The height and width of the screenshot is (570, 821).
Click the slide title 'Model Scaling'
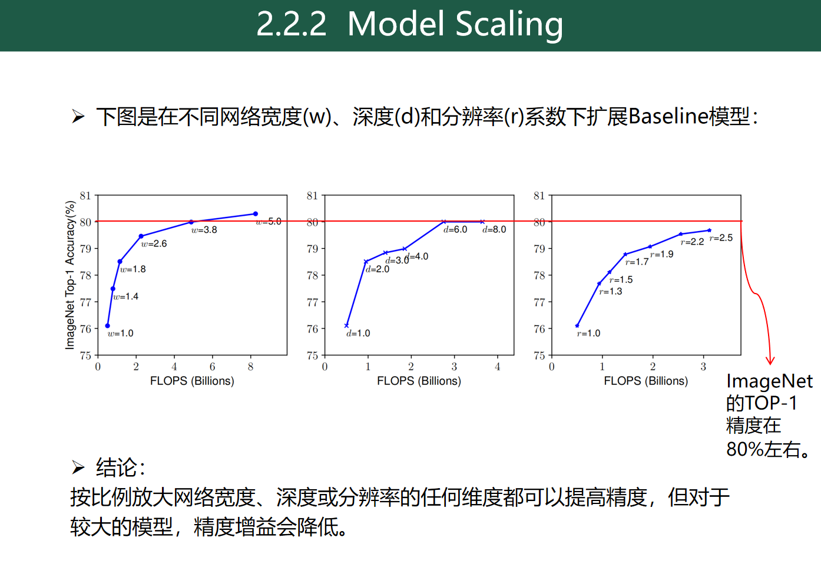(455, 24)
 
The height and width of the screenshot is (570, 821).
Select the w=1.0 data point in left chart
(107, 325)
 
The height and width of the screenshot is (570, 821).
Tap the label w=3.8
(204, 230)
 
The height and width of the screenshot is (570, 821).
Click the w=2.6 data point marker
(141, 236)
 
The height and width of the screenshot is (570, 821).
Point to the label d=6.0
(455, 229)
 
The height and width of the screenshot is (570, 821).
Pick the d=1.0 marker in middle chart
(346, 325)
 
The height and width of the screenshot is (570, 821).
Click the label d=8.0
(494, 229)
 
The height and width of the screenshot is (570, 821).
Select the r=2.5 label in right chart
(721, 238)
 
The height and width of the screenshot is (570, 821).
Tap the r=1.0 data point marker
(577, 325)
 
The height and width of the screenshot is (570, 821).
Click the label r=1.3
(611, 291)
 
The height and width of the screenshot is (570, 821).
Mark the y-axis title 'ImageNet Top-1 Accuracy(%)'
(70, 275)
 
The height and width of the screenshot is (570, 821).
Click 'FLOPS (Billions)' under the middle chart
(419, 381)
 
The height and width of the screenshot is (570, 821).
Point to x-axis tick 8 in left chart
(251, 367)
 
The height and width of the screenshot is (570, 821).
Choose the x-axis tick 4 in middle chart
(497, 367)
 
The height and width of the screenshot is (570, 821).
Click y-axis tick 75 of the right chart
(539, 355)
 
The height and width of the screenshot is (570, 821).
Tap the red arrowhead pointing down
(770, 360)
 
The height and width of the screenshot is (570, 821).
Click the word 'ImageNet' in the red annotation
(769, 381)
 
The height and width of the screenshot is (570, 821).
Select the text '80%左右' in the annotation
(763, 449)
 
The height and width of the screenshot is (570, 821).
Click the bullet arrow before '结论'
(78, 468)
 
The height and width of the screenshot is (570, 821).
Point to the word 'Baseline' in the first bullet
(668, 116)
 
